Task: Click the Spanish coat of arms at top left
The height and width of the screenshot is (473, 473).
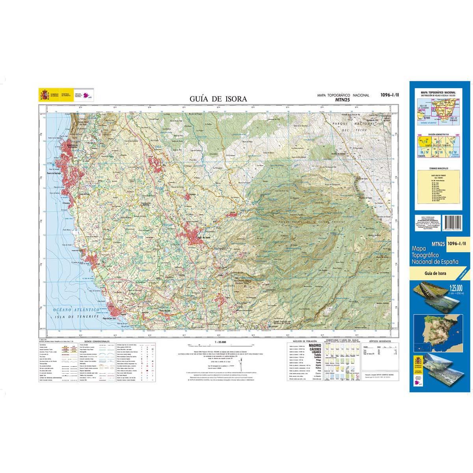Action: pos(44,95)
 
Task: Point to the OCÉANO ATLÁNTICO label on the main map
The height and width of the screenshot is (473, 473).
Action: pos(74,311)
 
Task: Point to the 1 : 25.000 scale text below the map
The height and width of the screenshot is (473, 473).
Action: pos(219,342)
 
